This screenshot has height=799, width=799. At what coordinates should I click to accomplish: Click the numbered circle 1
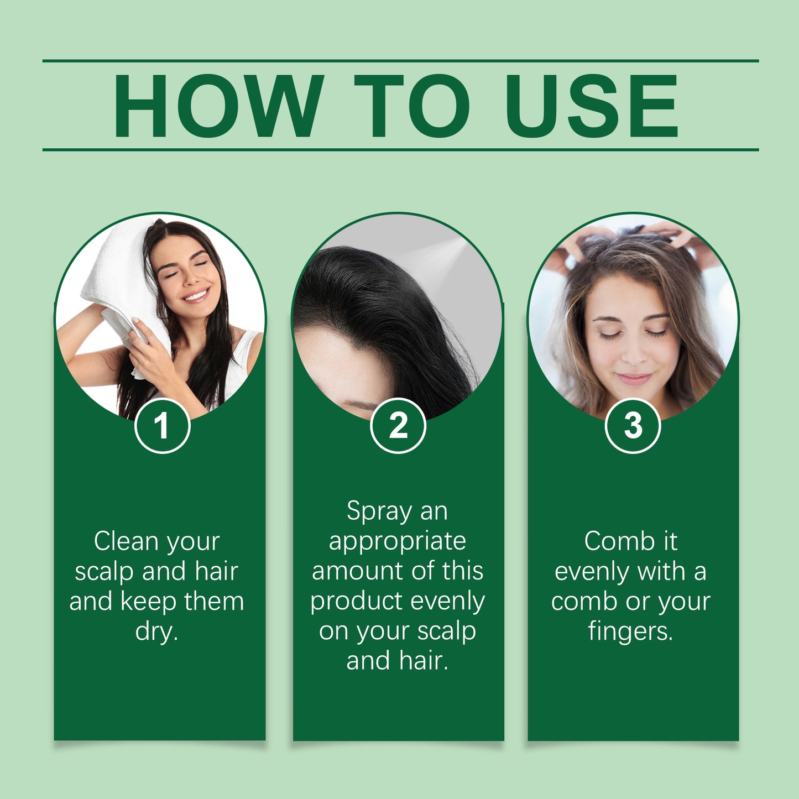point(162,426)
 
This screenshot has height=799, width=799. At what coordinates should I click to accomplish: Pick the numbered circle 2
point(398,426)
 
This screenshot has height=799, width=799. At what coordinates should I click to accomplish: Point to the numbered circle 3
point(633,426)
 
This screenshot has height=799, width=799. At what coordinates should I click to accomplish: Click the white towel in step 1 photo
point(119,276)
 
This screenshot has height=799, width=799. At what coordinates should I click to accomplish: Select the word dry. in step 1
point(157,631)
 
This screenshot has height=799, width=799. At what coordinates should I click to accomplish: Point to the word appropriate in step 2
point(398,541)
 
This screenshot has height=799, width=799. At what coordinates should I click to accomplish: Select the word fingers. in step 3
point(631,631)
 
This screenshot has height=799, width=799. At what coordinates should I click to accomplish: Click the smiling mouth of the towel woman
point(196,294)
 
